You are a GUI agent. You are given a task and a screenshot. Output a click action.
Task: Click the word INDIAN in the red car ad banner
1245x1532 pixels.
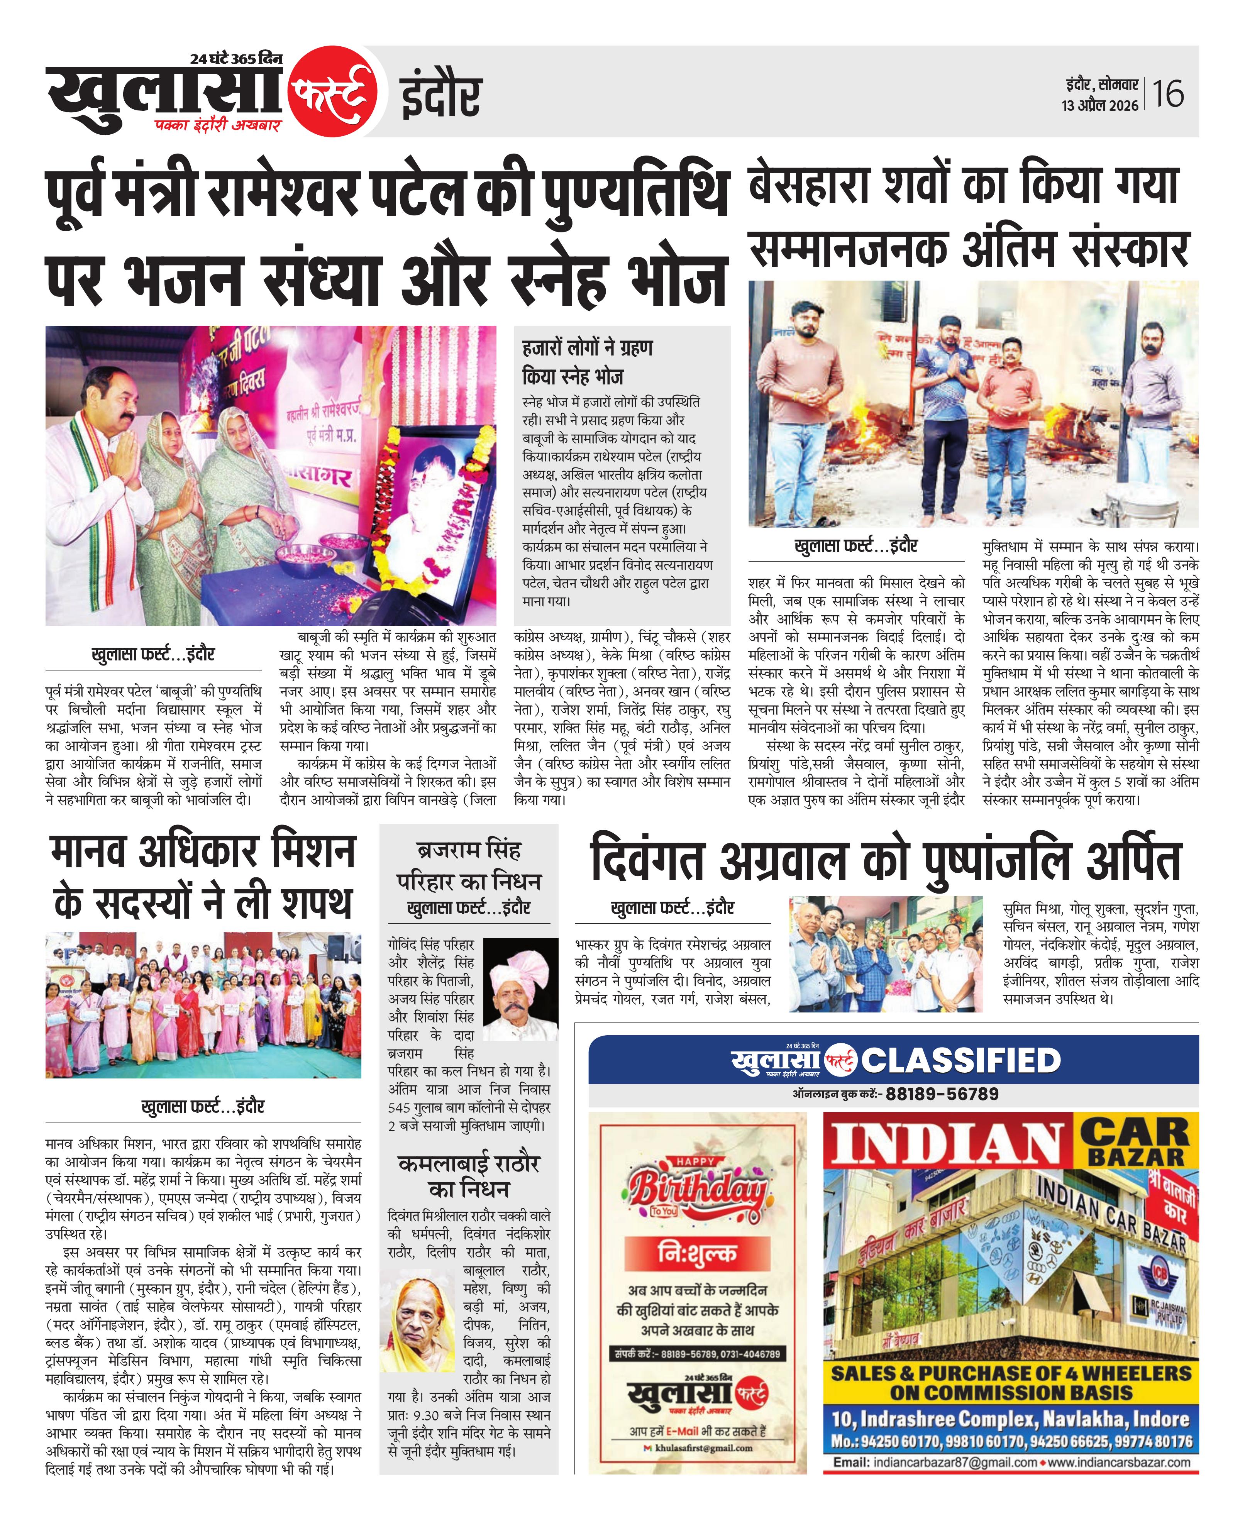coord(947,1144)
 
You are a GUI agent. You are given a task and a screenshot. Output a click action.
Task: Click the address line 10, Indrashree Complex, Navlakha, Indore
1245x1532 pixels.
coord(1011,1419)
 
